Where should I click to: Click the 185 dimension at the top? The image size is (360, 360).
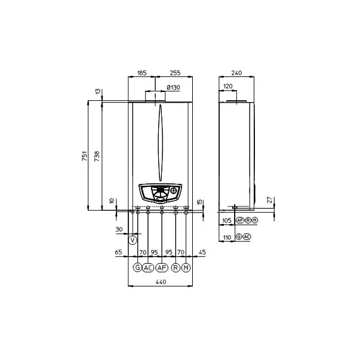point(141,73)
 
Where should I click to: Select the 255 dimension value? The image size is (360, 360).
point(175,73)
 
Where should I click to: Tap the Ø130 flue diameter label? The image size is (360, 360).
point(173,88)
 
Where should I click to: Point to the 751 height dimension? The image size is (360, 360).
point(85,156)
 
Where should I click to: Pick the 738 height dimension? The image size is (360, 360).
point(97,156)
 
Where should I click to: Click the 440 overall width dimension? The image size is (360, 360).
point(161,282)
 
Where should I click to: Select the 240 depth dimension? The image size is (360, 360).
point(236,73)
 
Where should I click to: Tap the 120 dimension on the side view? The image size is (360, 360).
point(227,87)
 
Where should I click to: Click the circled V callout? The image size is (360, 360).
point(133,240)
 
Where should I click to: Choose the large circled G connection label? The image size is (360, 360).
point(137,267)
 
